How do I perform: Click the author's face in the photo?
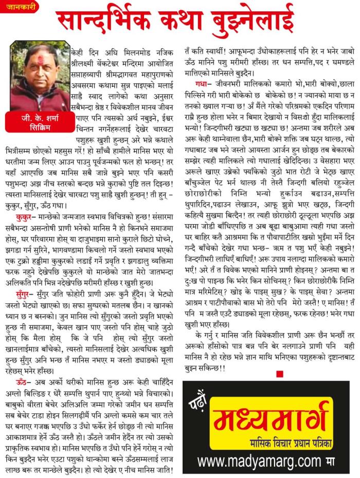(38, 64)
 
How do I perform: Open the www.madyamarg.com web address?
(260, 460)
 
